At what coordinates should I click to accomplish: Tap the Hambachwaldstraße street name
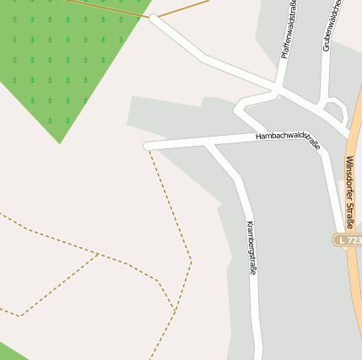pyautogui.click(x=288, y=140)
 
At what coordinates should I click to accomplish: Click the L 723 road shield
pyautogui.click(x=348, y=240)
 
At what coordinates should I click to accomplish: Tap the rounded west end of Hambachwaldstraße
pyautogui.click(x=149, y=146)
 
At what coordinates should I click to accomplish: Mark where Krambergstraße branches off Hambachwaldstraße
pyautogui.click(x=209, y=144)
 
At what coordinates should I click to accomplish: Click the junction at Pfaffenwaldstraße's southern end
pyautogui.click(x=277, y=89)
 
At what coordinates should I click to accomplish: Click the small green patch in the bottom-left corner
pyautogui.click(x=10, y=352)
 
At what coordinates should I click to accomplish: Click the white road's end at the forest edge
pyautogui.click(x=154, y=18)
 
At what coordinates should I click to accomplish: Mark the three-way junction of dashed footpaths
pyautogui.click(x=99, y=254)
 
